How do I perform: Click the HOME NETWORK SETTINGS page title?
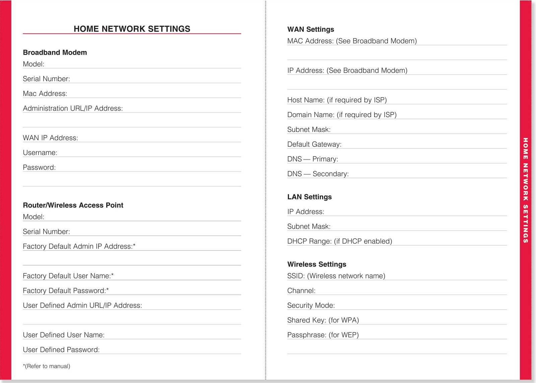[132, 29]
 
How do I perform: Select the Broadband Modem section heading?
[55, 52]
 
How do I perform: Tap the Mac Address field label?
[45, 93]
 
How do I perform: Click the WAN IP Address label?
[50, 138]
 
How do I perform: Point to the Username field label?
[40, 152]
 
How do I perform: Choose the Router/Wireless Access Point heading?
[73, 205]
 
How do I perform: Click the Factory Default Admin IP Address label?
[79, 246]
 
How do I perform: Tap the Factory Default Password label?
[66, 291]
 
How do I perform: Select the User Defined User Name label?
[64, 335]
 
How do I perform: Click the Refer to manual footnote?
[47, 366]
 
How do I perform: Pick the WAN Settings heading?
[311, 29]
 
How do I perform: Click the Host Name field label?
[337, 100]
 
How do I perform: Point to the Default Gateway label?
[314, 144]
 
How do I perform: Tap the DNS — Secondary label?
[318, 174]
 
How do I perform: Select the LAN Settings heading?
[309, 197]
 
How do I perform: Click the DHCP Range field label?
[339, 241]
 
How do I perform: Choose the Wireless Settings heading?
[317, 264]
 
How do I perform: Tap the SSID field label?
[336, 276]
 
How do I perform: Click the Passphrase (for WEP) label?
[323, 335]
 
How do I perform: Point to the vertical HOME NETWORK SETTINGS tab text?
[525, 190]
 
